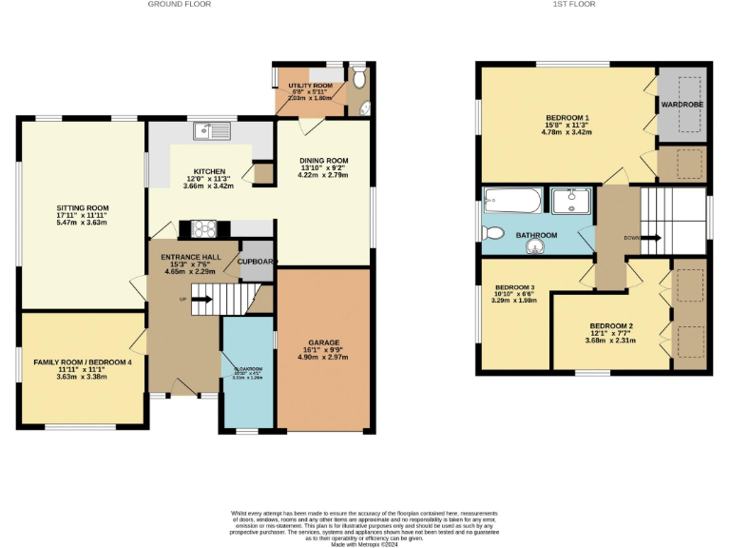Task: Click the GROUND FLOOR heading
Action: pos(180,5)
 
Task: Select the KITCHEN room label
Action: pos(207,171)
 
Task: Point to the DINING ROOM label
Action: pos(323,160)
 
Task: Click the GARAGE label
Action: pos(323,342)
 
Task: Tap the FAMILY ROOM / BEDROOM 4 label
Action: pos(84,362)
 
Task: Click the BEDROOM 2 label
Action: pos(609,326)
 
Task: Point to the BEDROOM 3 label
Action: pos(513,287)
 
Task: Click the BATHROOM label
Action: pos(536,234)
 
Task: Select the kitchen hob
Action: pos(203,227)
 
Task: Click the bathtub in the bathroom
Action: pos(512,201)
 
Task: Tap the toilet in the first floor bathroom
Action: pos(494,232)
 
